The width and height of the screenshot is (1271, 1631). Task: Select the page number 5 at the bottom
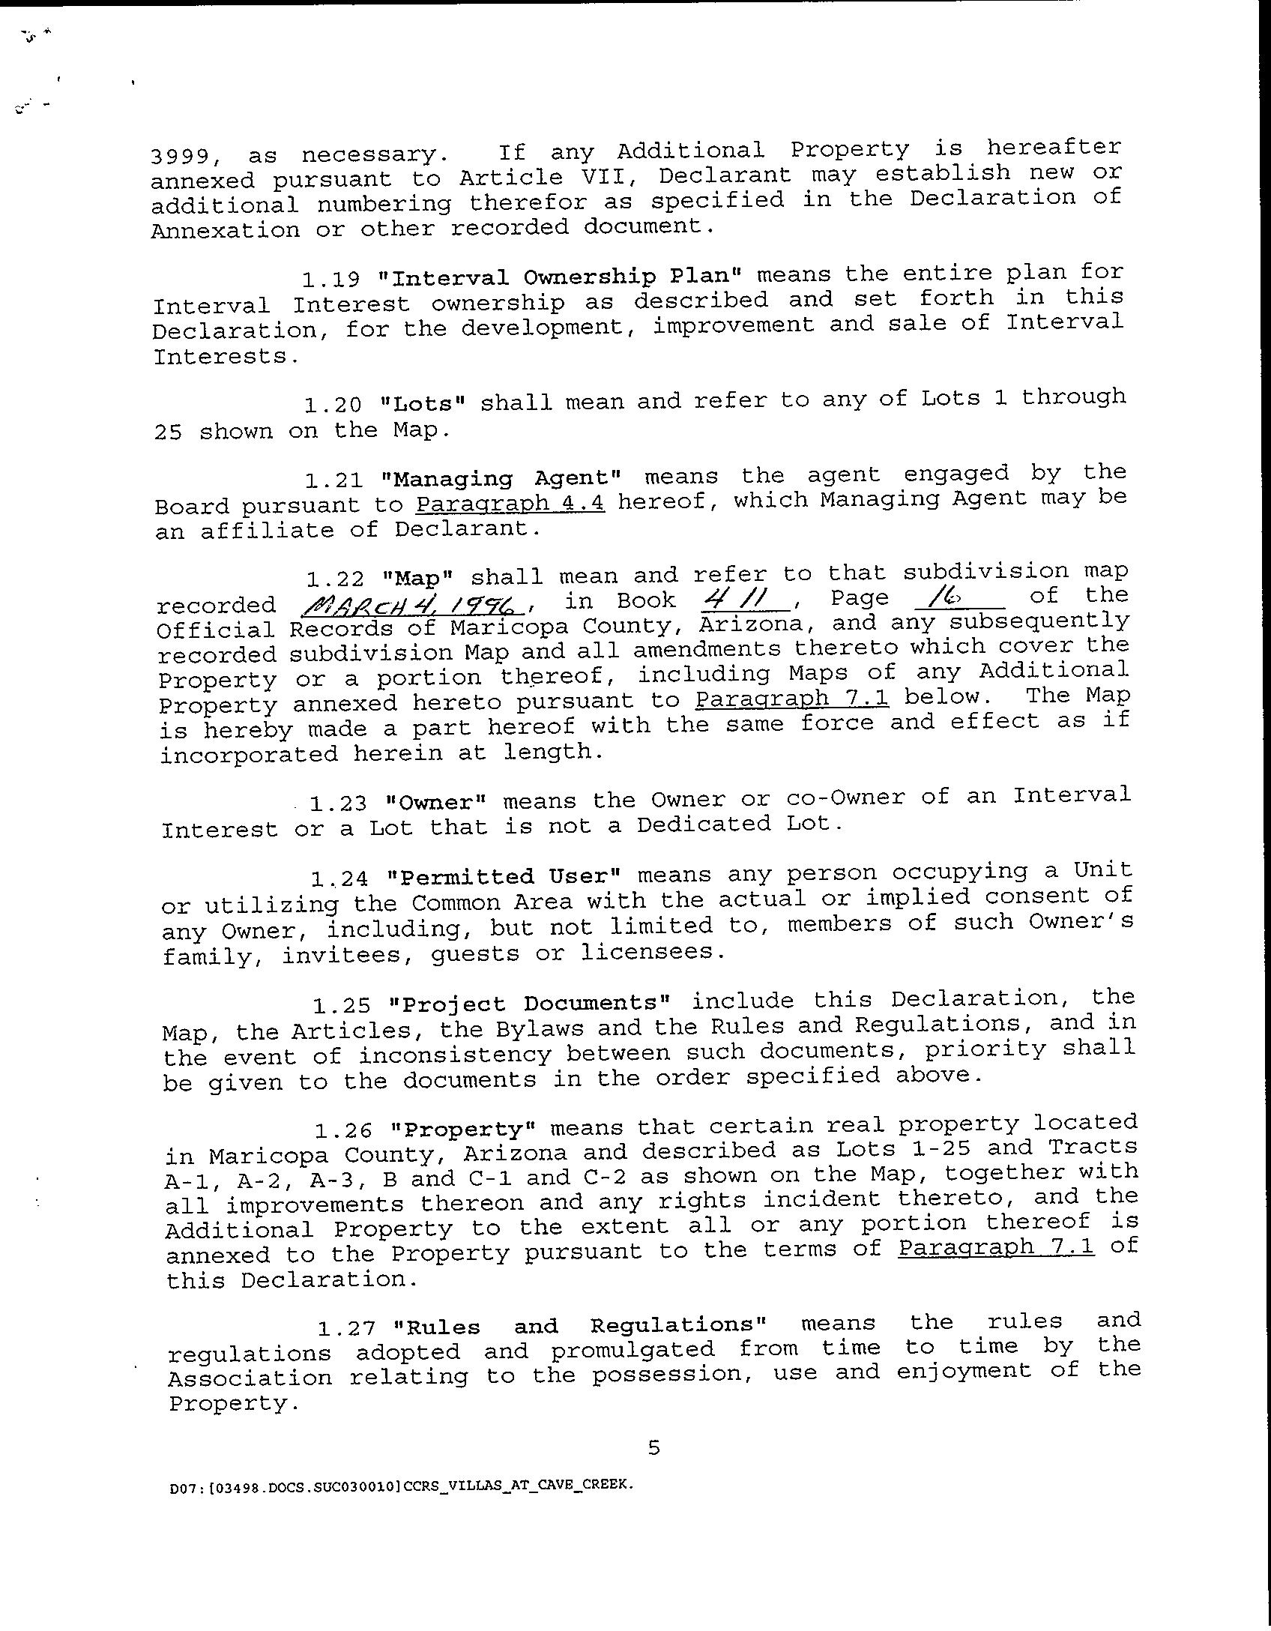pyautogui.click(x=653, y=1448)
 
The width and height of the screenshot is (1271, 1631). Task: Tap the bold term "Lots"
pyautogui.click(x=423, y=403)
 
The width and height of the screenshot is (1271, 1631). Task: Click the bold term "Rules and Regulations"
pyautogui.click(x=581, y=1326)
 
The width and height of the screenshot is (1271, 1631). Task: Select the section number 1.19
pyautogui.click(x=331, y=279)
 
